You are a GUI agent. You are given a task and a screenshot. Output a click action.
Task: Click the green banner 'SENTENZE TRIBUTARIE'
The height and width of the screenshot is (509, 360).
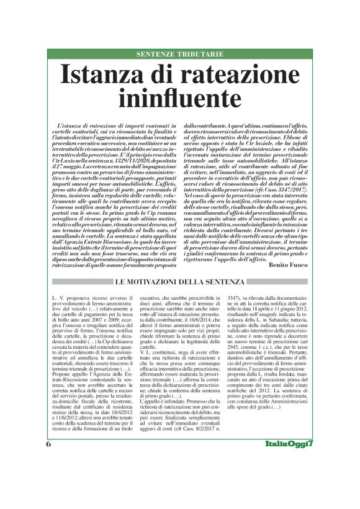[179, 54]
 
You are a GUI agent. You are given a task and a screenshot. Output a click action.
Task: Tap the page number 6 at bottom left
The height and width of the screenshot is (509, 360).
[48, 480]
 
